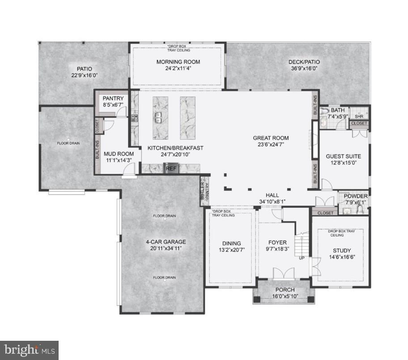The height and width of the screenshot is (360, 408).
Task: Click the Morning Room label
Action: coord(178,62)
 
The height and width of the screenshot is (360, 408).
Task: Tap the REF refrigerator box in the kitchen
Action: coord(171,169)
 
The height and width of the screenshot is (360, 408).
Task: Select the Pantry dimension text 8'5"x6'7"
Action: coord(113,105)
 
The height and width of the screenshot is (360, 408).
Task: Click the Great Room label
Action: coord(271,138)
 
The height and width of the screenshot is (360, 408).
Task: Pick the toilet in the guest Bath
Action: coord(325,110)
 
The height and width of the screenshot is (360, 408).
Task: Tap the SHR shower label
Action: coord(359,115)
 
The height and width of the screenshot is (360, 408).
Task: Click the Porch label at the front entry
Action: coord(284,290)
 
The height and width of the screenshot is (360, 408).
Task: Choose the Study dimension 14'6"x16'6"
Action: coord(342,258)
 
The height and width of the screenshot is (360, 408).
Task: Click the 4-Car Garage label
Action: coord(166,242)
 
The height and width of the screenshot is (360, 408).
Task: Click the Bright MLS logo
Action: coord(29,350)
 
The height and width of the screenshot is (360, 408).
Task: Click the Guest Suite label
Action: coord(343,156)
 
